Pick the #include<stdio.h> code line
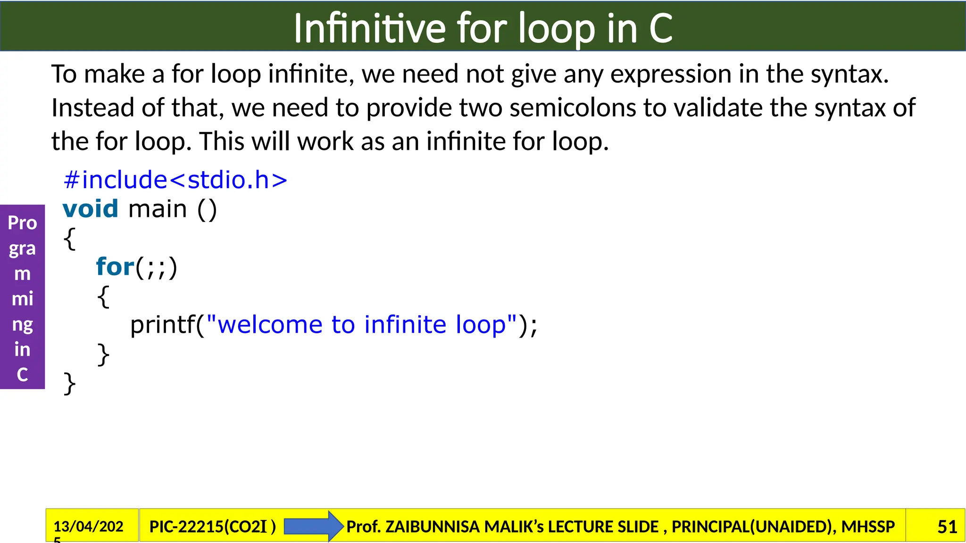tap(175, 180)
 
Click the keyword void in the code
tap(90, 209)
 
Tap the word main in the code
tap(158, 209)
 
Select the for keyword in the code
tap(115, 267)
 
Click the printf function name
tap(162, 325)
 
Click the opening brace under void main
tap(69, 239)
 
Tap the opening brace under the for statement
tap(103, 297)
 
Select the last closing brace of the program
tap(69, 383)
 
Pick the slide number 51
tap(947, 527)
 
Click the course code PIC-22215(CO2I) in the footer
tap(212, 527)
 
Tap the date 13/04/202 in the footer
tap(88, 526)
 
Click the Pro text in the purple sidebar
tap(22, 222)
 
